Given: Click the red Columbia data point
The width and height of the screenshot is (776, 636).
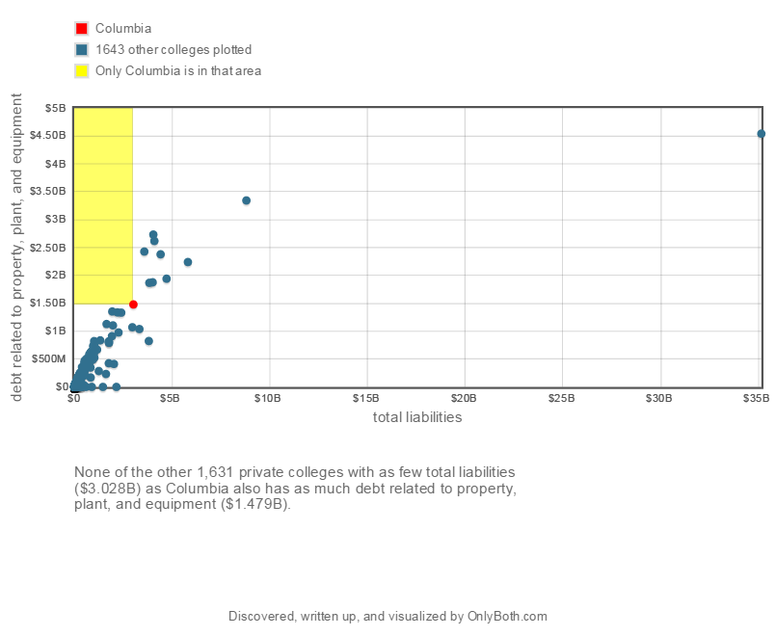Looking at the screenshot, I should point(133,305).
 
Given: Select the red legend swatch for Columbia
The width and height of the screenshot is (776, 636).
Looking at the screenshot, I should point(82,29).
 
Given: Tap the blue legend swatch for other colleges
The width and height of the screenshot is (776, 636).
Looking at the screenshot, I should point(82,49).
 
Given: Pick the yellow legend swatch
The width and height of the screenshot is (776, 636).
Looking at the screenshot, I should point(82,70).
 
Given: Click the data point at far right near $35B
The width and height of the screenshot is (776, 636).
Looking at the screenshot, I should point(761,134).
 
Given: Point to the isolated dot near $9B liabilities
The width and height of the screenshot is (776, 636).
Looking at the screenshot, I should point(246,200).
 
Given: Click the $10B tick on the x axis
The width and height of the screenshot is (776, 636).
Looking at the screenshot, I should point(267,396).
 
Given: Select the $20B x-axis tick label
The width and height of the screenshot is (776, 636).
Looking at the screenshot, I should point(463,396).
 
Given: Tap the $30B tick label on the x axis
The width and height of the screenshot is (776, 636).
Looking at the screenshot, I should point(658,396).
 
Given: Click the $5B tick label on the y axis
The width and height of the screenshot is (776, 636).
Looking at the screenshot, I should point(55,108).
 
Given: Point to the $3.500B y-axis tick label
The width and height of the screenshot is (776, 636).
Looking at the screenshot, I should point(48,192).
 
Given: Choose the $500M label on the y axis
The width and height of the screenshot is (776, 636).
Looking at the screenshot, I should point(50,358).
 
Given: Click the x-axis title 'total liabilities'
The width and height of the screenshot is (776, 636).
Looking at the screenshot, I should point(417,417).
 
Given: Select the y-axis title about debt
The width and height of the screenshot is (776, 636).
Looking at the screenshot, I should point(16,248).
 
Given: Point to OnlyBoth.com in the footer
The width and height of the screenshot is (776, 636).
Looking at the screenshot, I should point(507,616).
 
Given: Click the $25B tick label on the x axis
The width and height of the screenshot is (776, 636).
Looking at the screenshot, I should point(560,396).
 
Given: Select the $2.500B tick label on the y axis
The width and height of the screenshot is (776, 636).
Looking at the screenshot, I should point(48,248).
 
